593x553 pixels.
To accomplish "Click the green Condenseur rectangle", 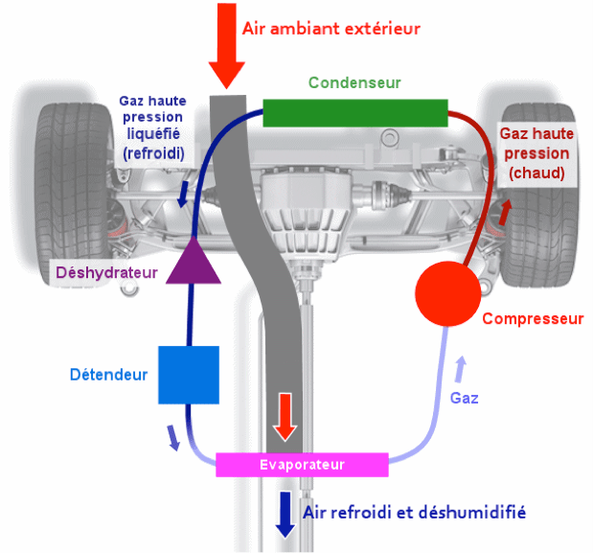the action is click(x=355, y=113).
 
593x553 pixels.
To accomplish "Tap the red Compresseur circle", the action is click(x=448, y=293).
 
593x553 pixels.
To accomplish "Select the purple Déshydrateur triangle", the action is click(x=194, y=261).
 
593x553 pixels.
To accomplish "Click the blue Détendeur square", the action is click(x=189, y=375).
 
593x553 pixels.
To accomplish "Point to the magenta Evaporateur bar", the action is click(x=302, y=465).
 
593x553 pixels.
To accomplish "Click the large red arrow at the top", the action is click(x=227, y=46).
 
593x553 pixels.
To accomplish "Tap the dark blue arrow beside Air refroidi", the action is click(x=285, y=515).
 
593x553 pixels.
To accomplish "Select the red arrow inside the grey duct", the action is click(x=285, y=417).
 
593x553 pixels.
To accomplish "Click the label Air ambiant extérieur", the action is click(x=331, y=29).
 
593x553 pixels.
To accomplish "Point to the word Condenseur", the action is click(x=354, y=82).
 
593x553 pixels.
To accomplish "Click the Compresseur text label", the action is click(x=534, y=319).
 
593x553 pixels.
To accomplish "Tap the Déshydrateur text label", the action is click(x=106, y=273).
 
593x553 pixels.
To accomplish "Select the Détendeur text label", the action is click(x=109, y=375).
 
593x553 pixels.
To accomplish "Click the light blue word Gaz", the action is click(x=464, y=398).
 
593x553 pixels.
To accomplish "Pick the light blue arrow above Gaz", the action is click(x=460, y=369).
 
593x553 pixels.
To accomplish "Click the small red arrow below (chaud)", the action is click(x=505, y=212).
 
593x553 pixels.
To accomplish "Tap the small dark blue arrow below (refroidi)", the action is click(x=183, y=195).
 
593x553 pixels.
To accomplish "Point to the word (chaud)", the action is click(x=536, y=173).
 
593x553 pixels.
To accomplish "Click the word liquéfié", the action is click(x=153, y=134).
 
